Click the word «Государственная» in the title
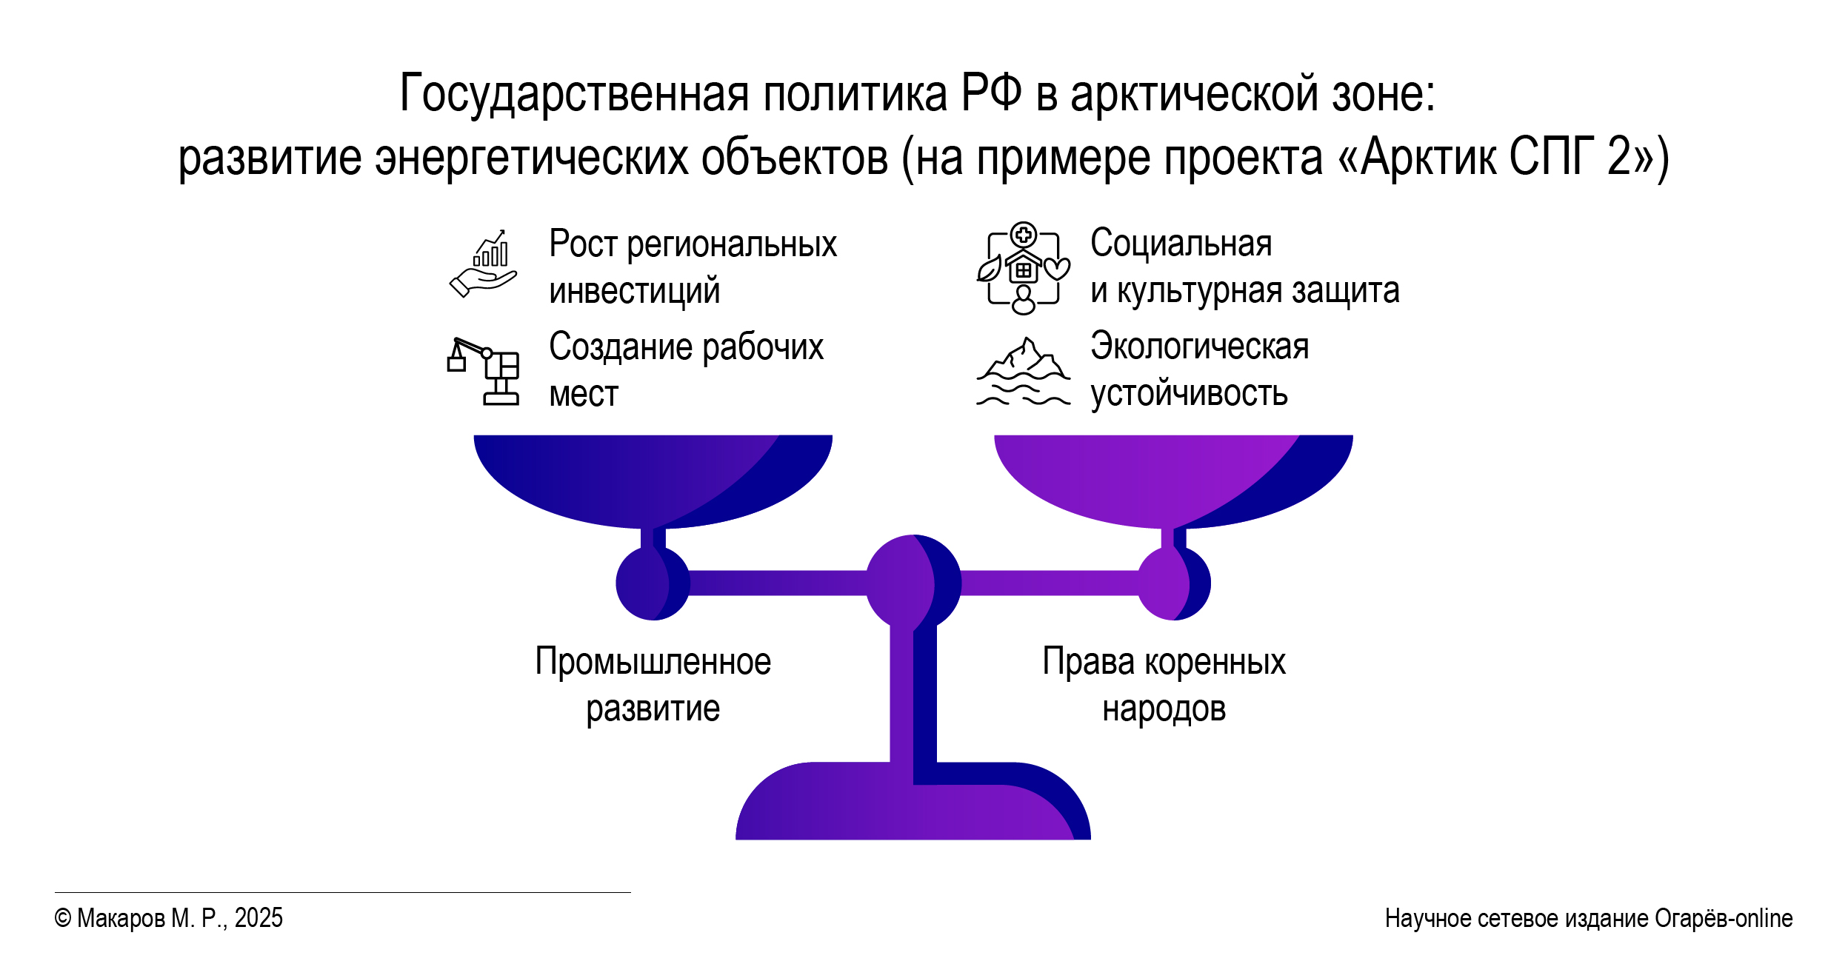(x=575, y=95)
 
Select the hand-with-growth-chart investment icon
(x=484, y=264)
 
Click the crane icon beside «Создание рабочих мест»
(x=483, y=371)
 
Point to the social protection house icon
(x=1024, y=268)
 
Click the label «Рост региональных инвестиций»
(x=693, y=267)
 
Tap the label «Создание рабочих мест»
(x=686, y=369)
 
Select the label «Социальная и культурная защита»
(x=1245, y=267)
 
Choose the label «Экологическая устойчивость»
(x=1200, y=369)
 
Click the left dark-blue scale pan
(x=653, y=481)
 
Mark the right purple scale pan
(x=1173, y=481)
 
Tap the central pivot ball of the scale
(x=913, y=583)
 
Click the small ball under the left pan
(x=653, y=583)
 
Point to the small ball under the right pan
(x=1174, y=583)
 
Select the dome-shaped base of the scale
(x=913, y=801)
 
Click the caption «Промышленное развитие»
(x=653, y=685)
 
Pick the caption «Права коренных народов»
(x=1164, y=685)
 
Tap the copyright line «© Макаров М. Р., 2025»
(x=168, y=919)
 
